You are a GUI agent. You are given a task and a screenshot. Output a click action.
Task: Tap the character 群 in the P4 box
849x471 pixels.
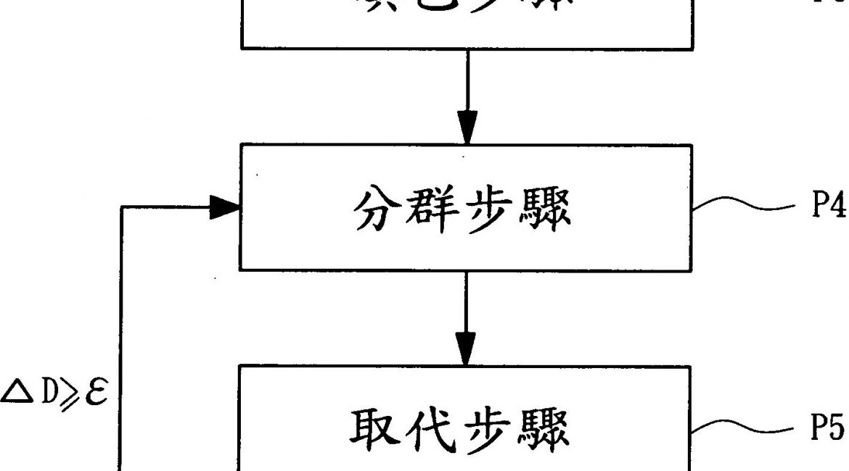click(x=437, y=210)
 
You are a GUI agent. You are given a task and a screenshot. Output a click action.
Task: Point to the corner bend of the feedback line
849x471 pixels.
click(x=121, y=209)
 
